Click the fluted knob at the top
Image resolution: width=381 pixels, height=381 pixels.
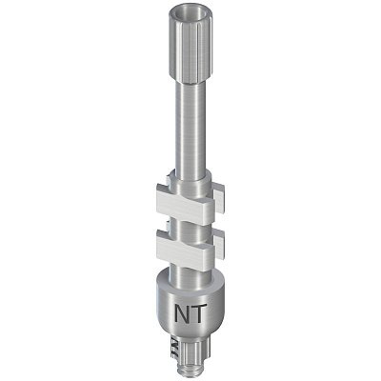click(x=187, y=44)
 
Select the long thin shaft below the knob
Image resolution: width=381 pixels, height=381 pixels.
click(x=190, y=127)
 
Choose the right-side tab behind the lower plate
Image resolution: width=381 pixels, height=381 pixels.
click(x=219, y=244)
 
